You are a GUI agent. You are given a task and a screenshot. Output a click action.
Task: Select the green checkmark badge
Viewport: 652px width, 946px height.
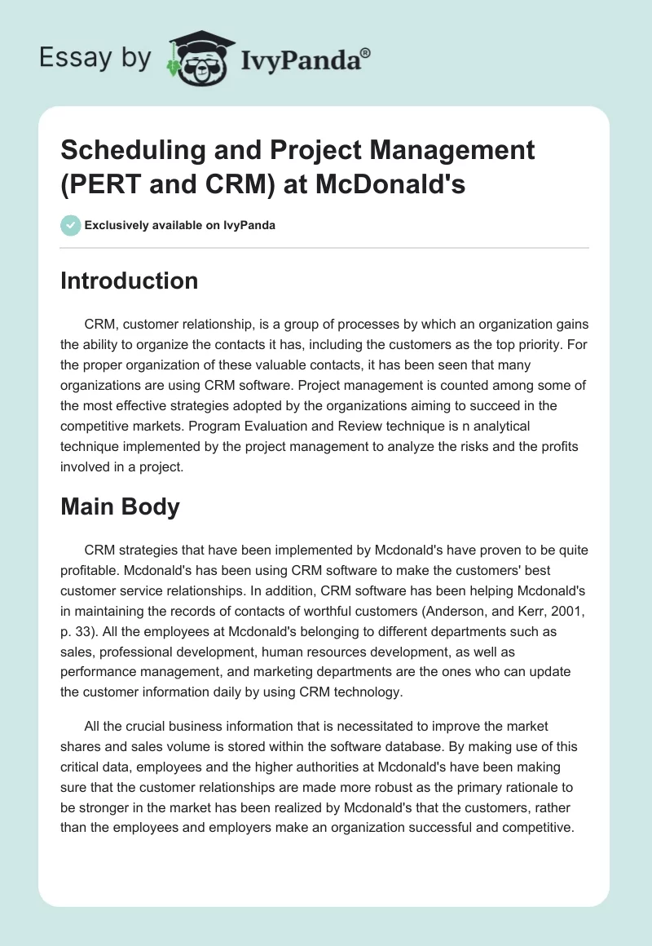pos(71,225)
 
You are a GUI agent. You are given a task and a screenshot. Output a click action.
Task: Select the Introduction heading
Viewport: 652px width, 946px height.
pos(130,281)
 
